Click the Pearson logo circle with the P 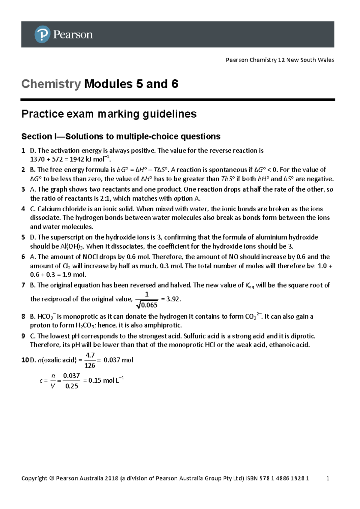pyautogui.click(x=42, y=34)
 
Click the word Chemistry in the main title pyautogui.click(x=51, y=84)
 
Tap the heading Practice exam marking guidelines pyautogui.click(x=109, y=114)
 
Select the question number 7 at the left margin pyautogui.click(x=23, y=285)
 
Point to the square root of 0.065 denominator pyautogui.click(x=147, y=305)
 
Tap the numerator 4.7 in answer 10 pyautogui.click(x=90, y=355)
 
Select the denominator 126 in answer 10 pyautogui.click(x=90, y=366)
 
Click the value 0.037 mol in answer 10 pyautogui.click(x=118, y=360)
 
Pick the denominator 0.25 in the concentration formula pyautogui.click(x=72, y=386)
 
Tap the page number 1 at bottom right pyautogui.click(x=328, y=478)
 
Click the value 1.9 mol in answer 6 pyautogui.click(x=74, y=275)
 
